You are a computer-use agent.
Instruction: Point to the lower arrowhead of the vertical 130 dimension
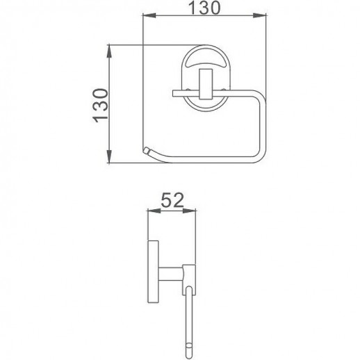pyautogui.click(x=111, y=159)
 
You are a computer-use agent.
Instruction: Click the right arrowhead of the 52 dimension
pyautogui.click(x=197, y=212)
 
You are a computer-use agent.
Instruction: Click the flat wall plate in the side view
pyautogui.click(x=156, y=272)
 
